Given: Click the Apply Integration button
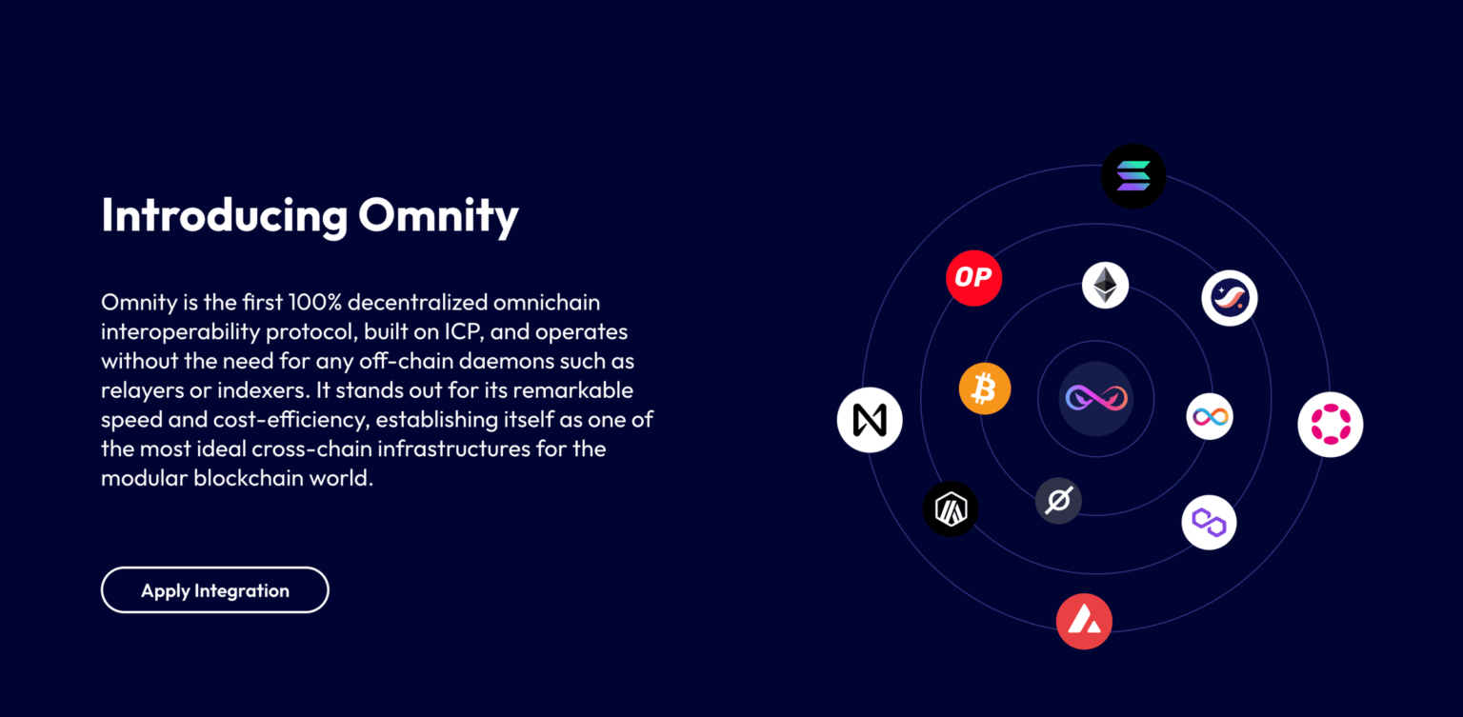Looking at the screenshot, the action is tap(215, 589).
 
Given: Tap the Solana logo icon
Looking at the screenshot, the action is tap(1133, 176).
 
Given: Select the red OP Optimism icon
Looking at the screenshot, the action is tap(973, 278).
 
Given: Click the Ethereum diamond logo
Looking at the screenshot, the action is tap(1105, 286).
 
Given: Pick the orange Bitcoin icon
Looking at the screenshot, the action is tap(985, 389).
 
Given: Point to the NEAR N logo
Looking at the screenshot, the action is tap(870, 420).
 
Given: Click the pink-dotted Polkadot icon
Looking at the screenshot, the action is tap(1331, 425).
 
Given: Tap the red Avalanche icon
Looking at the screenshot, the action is tap(1084, 621).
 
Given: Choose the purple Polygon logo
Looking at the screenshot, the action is tap(1209, 523).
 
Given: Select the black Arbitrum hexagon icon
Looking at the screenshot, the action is tap(951, 508).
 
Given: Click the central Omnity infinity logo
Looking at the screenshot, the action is tap(1096, 398).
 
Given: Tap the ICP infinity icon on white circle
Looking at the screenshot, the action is tap(1210, 417).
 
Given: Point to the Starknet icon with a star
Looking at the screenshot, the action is tap(1230, 298).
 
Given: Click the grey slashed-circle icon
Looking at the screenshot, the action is tap(1059, 501).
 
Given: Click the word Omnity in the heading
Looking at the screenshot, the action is tap(438, 216).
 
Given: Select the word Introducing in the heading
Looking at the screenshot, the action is tap(224, 216).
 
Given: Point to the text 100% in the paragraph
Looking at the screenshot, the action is tap(315, 303).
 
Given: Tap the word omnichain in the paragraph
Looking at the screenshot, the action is tap(547, 303).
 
